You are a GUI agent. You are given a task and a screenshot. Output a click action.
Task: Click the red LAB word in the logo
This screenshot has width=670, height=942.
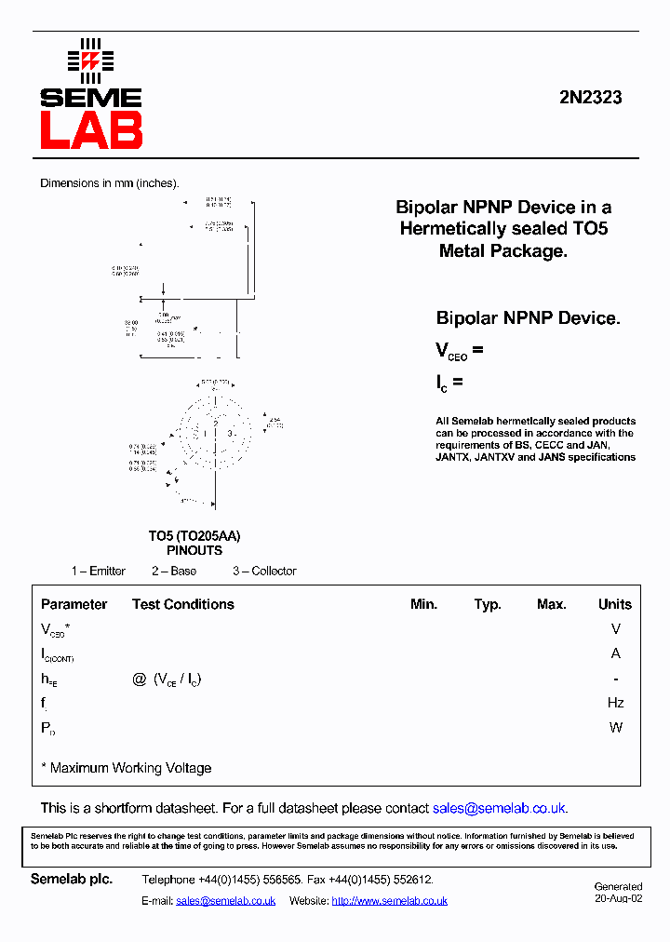tap(90, 129)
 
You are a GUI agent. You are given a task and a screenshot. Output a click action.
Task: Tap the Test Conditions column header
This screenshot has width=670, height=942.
tap(182, 604)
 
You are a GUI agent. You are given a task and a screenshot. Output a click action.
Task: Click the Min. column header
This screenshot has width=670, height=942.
tap(423, 604)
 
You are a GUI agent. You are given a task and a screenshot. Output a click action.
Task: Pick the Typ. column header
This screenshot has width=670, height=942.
tap(488, 604)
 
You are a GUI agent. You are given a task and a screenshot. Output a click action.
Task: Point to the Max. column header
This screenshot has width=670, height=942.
tap(551, 604)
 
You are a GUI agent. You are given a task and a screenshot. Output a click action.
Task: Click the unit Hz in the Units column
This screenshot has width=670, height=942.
tap(615, 703)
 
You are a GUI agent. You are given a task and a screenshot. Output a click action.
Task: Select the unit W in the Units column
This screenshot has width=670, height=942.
tap(615, 727)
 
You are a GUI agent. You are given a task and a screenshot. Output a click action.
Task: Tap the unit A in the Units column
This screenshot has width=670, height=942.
tap(615, 653)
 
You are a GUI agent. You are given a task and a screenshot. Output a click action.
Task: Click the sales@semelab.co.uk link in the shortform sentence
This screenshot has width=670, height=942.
tap(500, 808)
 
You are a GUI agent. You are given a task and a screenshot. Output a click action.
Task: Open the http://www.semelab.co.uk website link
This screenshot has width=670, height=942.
tap(389, 900)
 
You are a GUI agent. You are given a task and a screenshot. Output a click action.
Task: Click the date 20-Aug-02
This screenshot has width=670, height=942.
tap(619, 898)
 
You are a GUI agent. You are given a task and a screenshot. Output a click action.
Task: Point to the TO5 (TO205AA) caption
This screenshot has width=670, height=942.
tap(194, 536)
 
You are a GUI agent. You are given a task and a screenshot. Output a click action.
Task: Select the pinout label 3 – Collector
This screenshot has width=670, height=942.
tap(264, 571)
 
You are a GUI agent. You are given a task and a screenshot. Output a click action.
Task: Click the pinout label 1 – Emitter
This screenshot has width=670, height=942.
tap(99, 571)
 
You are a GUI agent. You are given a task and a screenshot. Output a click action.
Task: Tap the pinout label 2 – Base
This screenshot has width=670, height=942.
tap(174, 571)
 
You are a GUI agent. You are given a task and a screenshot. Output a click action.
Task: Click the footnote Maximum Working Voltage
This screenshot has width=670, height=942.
tap(130, 768)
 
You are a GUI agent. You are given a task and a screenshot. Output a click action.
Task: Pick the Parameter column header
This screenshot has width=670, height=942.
tap(74, 604)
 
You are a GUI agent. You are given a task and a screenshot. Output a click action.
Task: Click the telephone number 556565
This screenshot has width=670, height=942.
tap(279, 880)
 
